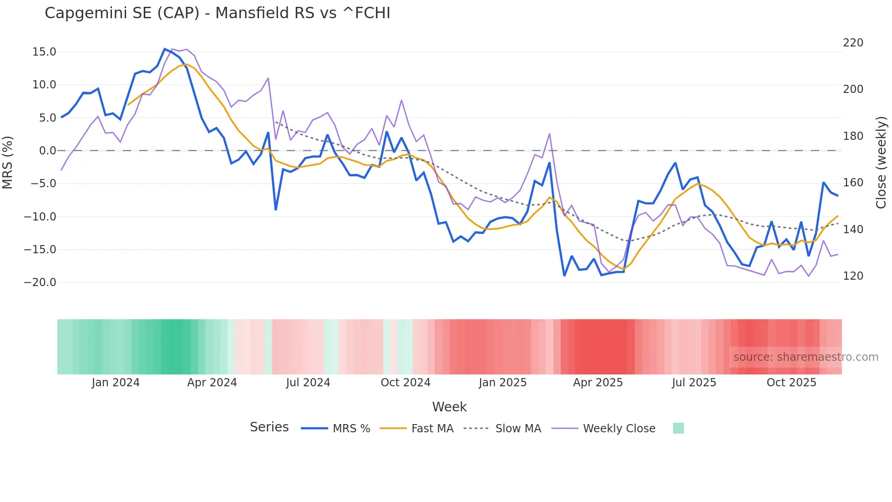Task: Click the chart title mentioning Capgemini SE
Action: [x=218, y=13]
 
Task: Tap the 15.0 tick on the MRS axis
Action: [x=44, y=52]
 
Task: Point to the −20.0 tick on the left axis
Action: [x=41, y=282]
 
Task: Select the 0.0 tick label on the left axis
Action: [x=47, y=151]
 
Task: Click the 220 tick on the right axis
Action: [x=853, y=43]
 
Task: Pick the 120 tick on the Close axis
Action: [x=853, y=276]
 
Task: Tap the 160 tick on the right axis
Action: [x=853, y=183]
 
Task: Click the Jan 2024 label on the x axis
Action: [x=116, y=383]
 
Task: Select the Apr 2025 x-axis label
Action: [x=598, y=383]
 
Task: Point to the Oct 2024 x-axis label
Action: [x=405, y=383]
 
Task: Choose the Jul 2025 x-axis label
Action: [x=694, y=383]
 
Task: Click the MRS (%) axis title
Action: [x=8, y=163]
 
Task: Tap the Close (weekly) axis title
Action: [x=881, y=163]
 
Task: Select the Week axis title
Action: [x=449, y=407]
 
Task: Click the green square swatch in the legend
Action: [x=678, y=428]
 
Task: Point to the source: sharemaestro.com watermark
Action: [x=806, y=357]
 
